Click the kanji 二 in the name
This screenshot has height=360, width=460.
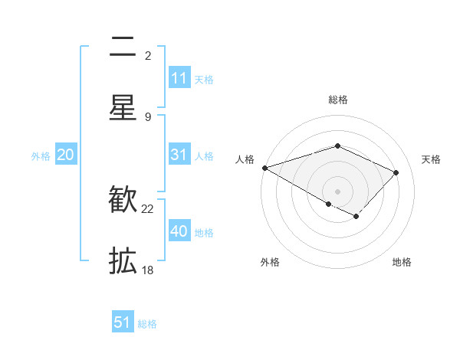pos(123,47)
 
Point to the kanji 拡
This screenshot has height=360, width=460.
pos(123,261)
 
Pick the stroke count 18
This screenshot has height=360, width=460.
pos(148,270)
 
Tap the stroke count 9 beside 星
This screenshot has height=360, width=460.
pos(148,116)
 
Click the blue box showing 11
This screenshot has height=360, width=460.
pos(179,78)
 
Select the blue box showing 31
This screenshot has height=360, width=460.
pos(179,155)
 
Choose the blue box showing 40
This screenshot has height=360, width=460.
pos(179,231)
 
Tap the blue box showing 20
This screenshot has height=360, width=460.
pos(65,155)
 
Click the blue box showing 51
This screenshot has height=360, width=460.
pos(123,322)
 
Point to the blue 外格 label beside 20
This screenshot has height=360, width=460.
pos(41,156)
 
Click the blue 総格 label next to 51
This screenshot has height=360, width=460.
pos(147,324)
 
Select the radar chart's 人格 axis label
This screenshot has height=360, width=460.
pos(245,159)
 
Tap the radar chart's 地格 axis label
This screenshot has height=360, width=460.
pos(402,262)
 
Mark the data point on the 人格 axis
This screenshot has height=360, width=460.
pos(264,168)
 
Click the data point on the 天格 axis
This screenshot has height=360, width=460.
pos(396,172)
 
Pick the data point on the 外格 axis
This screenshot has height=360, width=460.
pos(329,204)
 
